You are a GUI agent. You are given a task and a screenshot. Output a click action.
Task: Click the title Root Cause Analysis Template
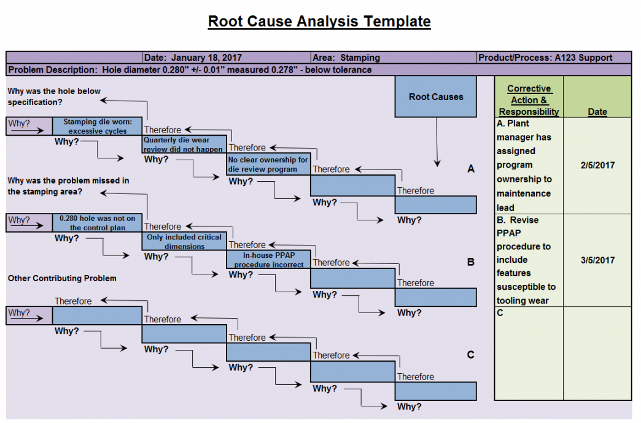[319, 21]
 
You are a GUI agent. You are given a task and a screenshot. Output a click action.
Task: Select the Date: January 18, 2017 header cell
[193, 58]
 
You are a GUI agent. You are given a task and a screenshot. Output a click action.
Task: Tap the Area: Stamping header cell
[346, 58]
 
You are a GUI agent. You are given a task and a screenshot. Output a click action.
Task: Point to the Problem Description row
[190, 69]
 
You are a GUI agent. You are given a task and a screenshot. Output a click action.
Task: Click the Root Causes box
[435, 96]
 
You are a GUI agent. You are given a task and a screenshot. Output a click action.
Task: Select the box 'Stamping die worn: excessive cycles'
[97, 126]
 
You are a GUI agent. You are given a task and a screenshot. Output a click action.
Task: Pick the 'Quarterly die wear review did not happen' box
[184, 144]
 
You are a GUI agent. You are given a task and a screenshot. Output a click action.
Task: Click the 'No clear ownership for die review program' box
[268, 165]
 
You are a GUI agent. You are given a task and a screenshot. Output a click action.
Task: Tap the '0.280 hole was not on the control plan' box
[97, 223]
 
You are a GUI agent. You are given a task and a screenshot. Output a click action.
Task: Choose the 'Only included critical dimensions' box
[184, 241]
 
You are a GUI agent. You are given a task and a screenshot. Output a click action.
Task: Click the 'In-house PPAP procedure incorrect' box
[268, 260]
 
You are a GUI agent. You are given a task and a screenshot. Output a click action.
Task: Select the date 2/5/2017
[597, 165]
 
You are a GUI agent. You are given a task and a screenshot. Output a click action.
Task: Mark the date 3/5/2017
[597, 260]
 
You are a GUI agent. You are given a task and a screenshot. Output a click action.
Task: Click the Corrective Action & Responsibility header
[529, 100]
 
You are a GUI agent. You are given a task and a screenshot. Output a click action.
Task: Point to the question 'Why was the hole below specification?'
[54, 96]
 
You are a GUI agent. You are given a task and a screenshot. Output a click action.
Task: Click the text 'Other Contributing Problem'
[62, 278]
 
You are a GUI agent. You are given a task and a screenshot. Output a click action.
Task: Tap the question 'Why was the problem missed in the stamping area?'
[68, 186]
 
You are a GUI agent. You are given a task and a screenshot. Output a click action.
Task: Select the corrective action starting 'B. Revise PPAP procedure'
[526, 260]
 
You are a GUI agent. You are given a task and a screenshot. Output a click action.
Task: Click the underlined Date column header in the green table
[597, 112]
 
